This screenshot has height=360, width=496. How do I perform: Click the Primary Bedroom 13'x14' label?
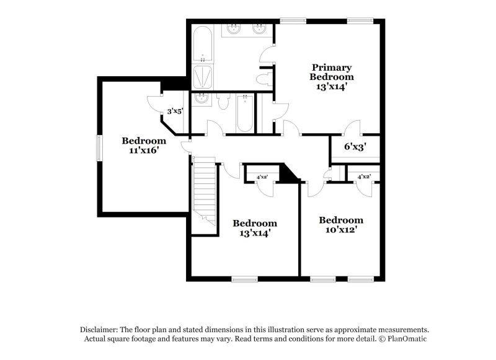click(332, 77)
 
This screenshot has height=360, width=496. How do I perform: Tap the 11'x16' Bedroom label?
click(144, 145)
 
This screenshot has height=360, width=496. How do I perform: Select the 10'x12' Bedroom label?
click(340, 225)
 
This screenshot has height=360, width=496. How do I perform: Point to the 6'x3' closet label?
click(355, 147)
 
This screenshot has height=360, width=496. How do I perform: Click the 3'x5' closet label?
click(174, 112)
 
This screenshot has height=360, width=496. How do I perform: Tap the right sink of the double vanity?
click(260, 30)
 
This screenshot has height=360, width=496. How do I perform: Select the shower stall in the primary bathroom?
click(203, 77)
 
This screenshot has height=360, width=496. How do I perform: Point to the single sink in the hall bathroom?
click(201, 99)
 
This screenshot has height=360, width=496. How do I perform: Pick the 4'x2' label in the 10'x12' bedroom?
click(363, 177)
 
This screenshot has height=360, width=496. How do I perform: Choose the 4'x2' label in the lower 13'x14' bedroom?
click(262, 177)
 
